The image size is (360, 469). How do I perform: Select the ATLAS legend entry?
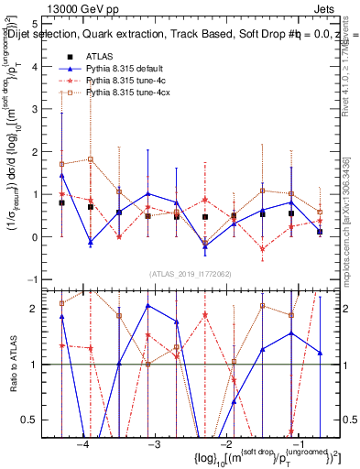[x=104, y=57]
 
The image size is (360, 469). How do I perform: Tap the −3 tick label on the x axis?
[x=153, y=444]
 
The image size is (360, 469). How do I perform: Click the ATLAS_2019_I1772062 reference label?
[x=190, y=274]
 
